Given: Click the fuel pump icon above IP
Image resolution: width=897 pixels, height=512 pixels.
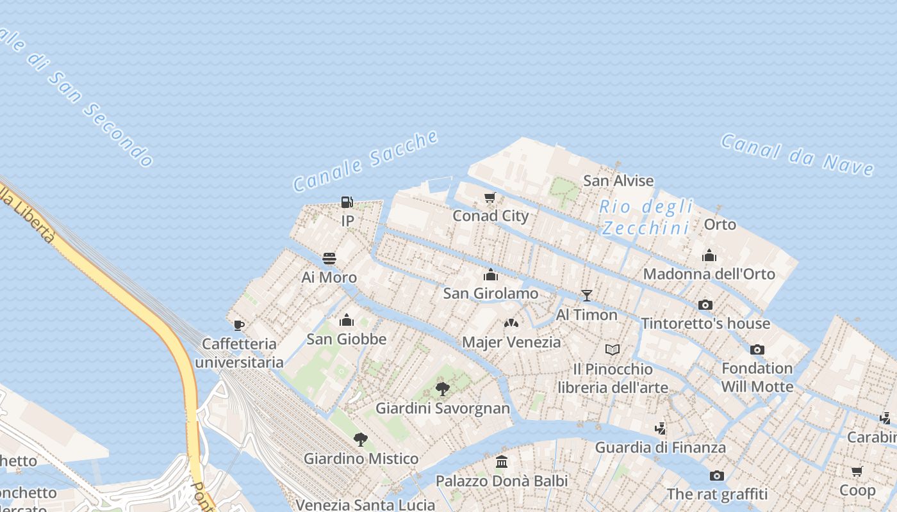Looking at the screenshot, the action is click(347, 203).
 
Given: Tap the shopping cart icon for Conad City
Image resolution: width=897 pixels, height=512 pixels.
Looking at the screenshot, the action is click(490, 197).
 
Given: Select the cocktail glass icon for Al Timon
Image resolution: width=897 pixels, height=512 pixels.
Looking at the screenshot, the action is click(586, 295).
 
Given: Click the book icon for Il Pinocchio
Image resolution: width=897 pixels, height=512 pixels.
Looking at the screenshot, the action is click(613, 349).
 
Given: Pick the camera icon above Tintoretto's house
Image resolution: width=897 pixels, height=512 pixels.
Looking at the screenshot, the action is click(705, 305).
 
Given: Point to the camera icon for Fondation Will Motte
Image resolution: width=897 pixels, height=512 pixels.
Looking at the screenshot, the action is click(757, 349).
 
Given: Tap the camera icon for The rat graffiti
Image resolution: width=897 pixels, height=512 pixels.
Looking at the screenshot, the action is click(716, 476).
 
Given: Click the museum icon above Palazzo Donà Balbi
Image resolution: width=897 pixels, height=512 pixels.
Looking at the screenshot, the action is click(502, 461).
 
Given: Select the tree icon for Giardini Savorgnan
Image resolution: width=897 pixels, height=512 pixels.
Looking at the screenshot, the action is click(442, 388).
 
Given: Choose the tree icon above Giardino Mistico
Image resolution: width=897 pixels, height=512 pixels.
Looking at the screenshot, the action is click(361, 439).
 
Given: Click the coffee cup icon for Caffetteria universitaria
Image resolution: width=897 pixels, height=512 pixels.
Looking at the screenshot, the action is click(239, 325).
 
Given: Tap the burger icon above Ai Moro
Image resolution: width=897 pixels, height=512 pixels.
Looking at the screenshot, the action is click(329, 259).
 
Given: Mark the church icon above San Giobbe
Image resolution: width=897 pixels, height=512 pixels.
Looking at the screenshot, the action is click(347, 320).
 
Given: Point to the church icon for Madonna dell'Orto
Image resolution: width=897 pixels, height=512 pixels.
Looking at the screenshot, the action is click(709, 255).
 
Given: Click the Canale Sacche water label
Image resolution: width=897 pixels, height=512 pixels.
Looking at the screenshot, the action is click(366, 161).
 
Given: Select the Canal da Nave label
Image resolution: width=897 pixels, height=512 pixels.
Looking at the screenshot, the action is click(797, 154).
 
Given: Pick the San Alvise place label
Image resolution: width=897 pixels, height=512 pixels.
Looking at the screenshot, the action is click(618, 181).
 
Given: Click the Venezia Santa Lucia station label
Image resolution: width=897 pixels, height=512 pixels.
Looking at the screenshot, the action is click(365, 505).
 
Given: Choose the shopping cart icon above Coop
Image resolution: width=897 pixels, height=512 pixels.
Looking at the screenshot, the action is click(857, 472).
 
